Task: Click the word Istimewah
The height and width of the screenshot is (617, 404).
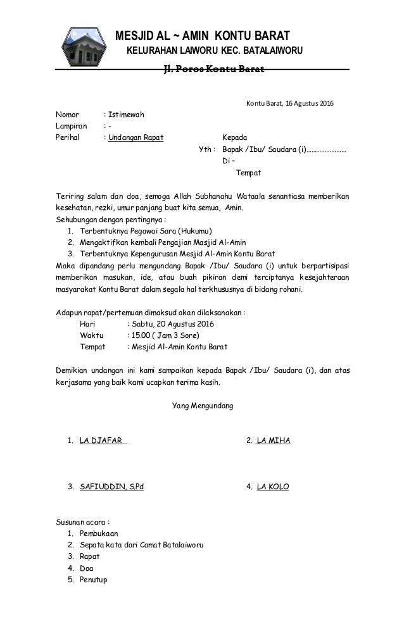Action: [x=126, y=115]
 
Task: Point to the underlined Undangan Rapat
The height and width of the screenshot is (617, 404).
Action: [x=136, y=138]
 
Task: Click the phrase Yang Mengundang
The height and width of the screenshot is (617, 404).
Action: [x=203, y=404]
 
